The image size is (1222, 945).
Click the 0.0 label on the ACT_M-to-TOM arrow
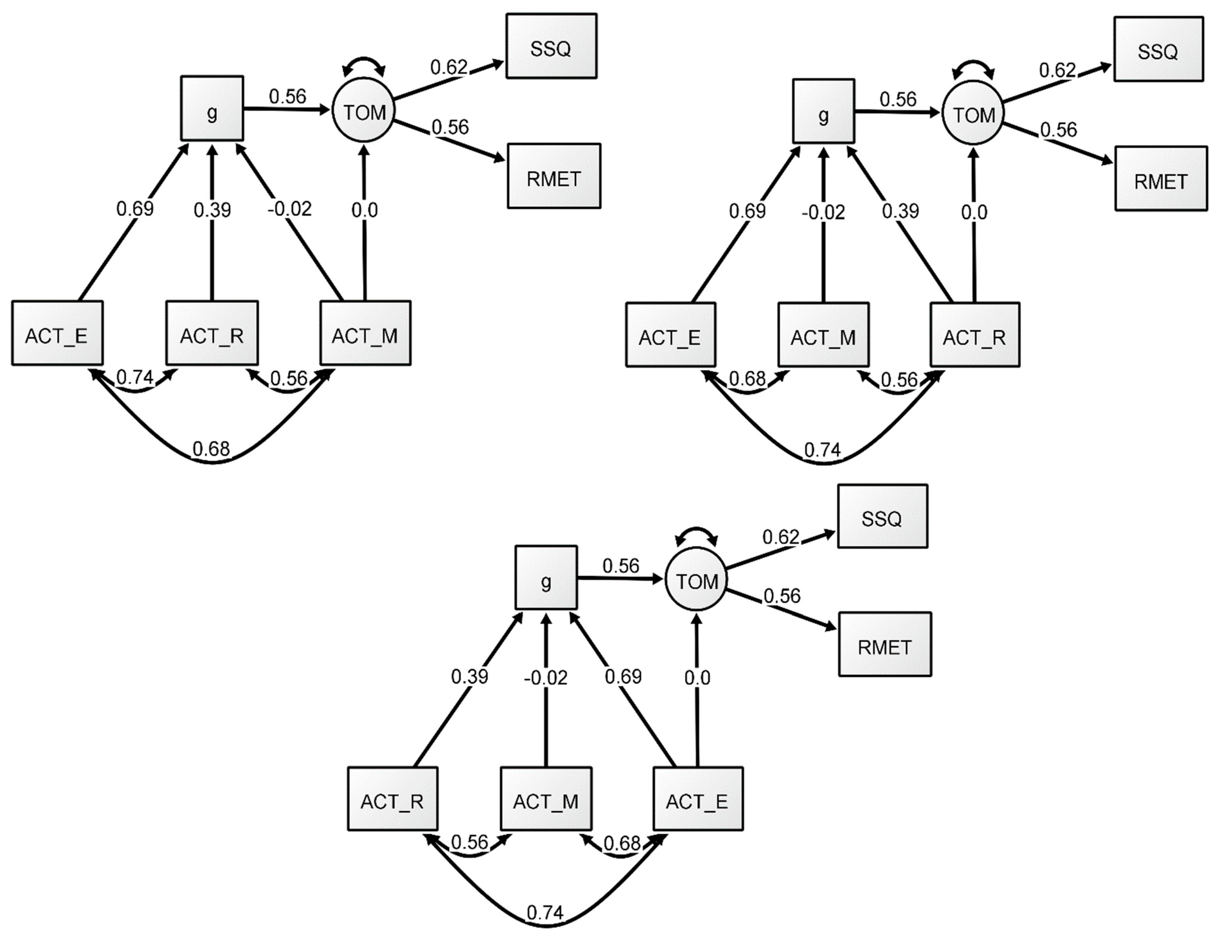click(364, 210)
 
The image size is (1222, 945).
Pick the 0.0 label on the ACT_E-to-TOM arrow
click(697, 678)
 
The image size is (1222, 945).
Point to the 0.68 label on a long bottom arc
click(211, 449)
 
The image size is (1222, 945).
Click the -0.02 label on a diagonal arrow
click(289, 209)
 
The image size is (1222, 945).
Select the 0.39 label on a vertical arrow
click(212, 210)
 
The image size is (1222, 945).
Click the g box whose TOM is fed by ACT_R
click(823, 111)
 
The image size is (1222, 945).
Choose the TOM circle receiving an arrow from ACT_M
click(364, 112)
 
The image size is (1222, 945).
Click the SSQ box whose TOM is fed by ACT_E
click(882, 516)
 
